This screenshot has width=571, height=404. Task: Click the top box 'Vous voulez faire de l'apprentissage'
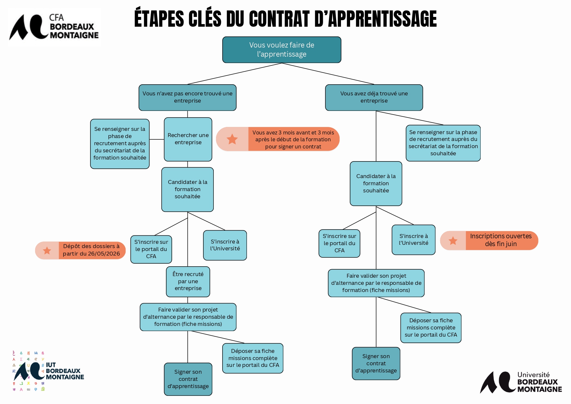[281, 49]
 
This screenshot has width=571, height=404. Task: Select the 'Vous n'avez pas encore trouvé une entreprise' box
[187, 97]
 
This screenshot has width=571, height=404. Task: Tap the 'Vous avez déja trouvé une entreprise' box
[374, 97]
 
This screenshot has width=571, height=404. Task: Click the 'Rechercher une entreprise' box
[188, 139]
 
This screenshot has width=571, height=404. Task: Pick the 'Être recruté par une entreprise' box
[188, 281]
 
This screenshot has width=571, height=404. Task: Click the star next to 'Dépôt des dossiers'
[47, 250]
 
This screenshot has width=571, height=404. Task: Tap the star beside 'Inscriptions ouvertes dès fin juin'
[453, 241]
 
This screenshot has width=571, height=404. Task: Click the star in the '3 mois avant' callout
[232, 139]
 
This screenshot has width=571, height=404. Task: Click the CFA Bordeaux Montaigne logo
[54, 27]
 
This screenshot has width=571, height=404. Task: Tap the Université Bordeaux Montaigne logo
[521, 382]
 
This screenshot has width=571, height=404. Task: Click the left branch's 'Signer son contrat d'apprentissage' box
[188, 379]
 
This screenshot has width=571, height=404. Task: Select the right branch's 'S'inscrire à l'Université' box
[414, 240]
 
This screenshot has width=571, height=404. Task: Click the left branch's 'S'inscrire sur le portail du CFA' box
[151, 249]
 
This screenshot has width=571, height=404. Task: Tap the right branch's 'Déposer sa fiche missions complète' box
[431, 327]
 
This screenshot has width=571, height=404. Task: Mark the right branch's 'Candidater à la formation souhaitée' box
[376, 183]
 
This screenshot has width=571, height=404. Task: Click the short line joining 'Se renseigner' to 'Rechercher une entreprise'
[156, 139]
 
